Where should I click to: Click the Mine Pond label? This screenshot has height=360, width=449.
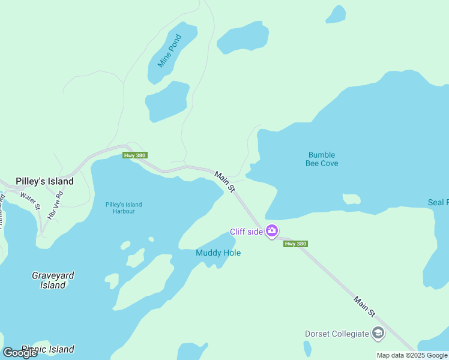tap(169, 50)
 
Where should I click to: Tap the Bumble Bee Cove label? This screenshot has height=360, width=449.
tap(322, 159)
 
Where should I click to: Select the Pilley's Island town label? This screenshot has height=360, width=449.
tap(45, 181)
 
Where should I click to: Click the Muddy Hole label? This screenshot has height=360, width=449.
tap(218, 253)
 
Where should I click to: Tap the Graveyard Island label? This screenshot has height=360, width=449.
tap(53, 280)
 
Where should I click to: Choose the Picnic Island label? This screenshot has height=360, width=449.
tap(48, 349)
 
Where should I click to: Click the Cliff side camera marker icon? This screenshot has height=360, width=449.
tap(272, 231)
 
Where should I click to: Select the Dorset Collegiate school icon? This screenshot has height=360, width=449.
tap(378, 333)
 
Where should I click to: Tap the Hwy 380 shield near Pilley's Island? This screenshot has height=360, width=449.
tap(134, 155)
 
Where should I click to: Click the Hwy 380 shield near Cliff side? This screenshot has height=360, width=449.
tap(295, 244)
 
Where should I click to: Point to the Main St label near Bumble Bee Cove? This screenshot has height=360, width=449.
tap(224, 182)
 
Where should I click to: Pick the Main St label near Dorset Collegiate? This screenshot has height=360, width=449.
tap(364, 306)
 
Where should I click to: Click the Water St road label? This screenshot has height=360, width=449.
tap(30, 199)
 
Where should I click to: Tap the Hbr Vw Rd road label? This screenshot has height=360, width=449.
tap(55, 204)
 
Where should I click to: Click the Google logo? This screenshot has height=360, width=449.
tap(20, 353)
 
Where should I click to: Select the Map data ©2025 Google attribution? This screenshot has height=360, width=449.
tap(412, 355)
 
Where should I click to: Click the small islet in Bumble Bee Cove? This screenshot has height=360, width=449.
tap(351, 199)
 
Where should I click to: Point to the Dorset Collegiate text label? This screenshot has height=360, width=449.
tap(336, 334)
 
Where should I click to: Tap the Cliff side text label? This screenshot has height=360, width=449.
tap(246, 232)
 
